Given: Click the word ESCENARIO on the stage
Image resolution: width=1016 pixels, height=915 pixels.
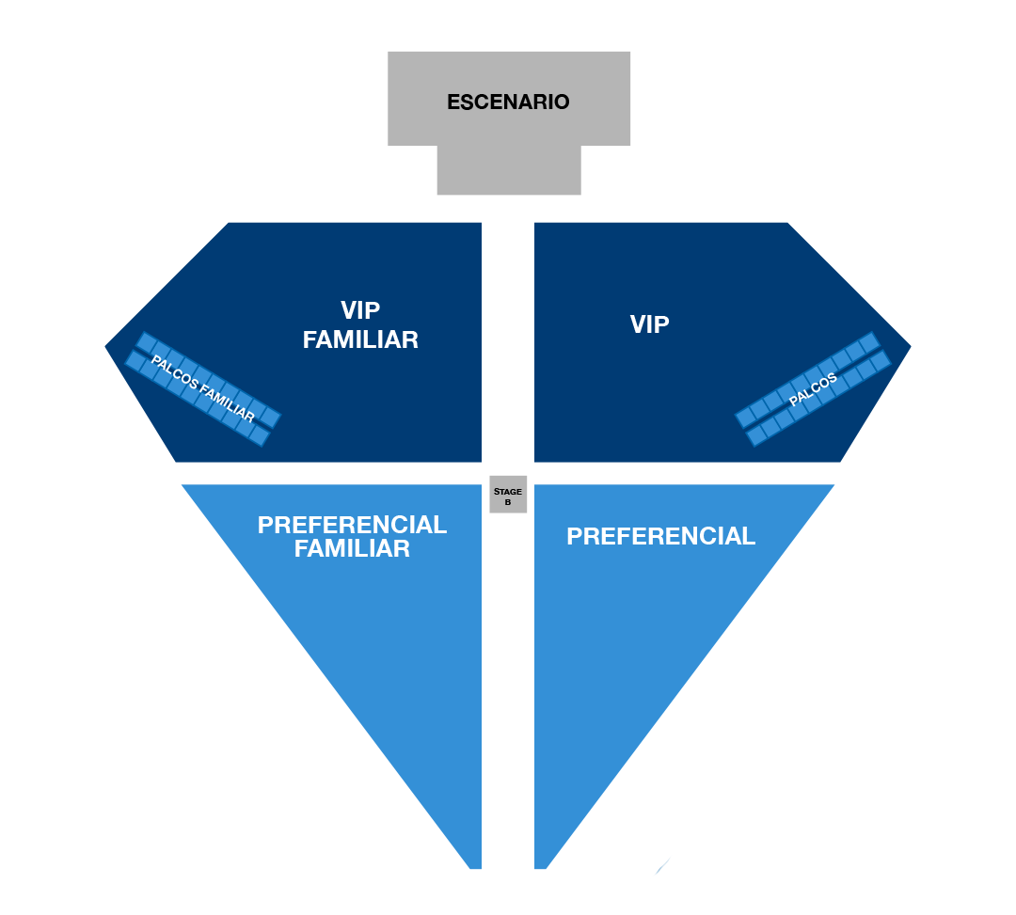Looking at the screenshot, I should [x=508, y=102].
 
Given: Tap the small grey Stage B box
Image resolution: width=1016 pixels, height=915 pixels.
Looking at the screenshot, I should [x=508, y=495].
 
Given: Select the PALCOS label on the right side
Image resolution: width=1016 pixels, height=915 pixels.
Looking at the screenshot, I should [x=813, y=389].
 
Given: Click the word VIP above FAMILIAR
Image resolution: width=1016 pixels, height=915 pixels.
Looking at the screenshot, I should [x=360, y=310].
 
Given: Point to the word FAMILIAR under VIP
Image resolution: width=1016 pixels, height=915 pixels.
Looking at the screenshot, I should [x=360, y=339].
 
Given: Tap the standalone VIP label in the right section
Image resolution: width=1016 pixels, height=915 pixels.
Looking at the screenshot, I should [x=649, y=325].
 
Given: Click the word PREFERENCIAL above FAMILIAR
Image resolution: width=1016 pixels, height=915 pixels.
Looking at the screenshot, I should [x=352, y=525].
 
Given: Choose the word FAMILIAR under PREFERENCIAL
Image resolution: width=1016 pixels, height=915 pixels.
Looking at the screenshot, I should [x=352, y=549].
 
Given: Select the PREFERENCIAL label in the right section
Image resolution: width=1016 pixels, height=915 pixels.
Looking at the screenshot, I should [x=660, y=536].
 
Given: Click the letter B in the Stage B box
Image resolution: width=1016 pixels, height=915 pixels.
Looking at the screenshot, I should [x=508, y=502].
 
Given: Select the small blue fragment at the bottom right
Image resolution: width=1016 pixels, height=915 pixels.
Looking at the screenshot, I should [x=664, y=865].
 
